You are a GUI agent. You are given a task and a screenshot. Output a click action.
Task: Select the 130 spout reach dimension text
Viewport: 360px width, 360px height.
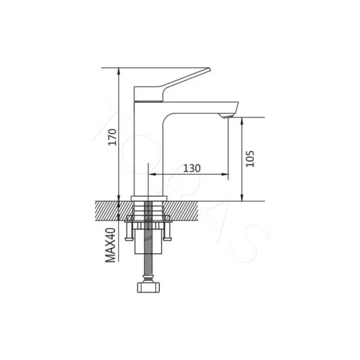pyautogui.click(x=191, y=168)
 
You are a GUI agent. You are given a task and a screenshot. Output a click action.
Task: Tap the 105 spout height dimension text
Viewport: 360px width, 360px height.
pyautogui.click(x=251, y=158)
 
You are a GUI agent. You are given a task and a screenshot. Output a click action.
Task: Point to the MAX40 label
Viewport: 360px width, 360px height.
pyautogui.click(x=110, y=244)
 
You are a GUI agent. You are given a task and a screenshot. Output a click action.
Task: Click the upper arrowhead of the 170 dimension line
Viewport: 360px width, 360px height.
pyautogui.click(x=119, y=70)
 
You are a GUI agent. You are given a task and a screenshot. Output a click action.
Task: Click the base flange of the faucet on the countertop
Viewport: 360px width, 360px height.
pyautogui.click(x=148, y=198)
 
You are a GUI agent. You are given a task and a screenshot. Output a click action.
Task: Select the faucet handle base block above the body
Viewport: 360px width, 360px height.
pyautogui.click(x=148, y=94)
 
